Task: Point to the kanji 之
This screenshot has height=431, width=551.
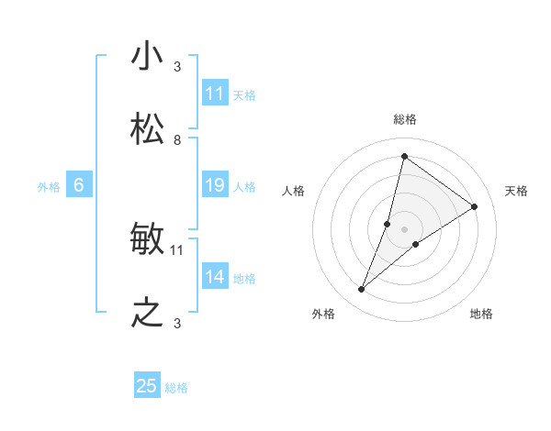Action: pyautogui.click(x=148, y=314)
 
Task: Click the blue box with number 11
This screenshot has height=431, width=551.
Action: pyautogui.click(x=215, y=94)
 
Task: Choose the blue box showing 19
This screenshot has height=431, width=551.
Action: pyautogui.click(x=215, y=185)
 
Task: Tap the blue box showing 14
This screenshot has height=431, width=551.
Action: pyautogui.click(x=215, y=277)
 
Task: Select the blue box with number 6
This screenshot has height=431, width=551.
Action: pyautogui.click(x=79, y=185)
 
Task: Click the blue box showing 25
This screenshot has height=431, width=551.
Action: pyautogui.click(x=147, y=386)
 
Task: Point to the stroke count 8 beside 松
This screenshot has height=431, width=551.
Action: pyautogui.click(x=177, y=140)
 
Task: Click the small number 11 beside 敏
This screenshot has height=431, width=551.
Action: pyautogui.click(x=177, y=249)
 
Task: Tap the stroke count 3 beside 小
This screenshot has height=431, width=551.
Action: pyautogui.click(x=177, y=67)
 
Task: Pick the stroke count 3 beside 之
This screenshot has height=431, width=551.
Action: pyautogui.click(x=177, y=324)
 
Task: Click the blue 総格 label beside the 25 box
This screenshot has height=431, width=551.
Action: pyautogui.click(x=176, y=388)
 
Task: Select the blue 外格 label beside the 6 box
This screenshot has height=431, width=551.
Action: pyautogui.click(x=49, y=187)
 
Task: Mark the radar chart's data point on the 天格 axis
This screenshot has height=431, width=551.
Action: pyautogui.click(x=475, y=206)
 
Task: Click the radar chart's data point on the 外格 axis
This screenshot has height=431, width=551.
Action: pyautogui.click(x=362, y=290)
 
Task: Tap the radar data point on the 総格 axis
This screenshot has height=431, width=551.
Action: pyautogui.click(x=404, y=156)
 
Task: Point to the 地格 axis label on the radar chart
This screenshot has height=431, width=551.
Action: pyautogui.click(x=481, y=315)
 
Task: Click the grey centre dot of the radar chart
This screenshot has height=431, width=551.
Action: pyautogui.click(x=404, y=227)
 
